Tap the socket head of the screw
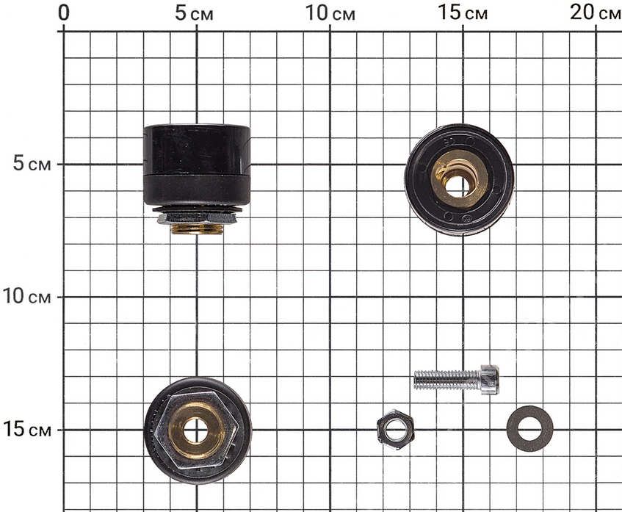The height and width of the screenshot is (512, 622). click(490, 380)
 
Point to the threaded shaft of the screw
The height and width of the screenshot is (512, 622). click(447, 380)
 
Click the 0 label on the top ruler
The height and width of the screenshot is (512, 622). click(63, 13)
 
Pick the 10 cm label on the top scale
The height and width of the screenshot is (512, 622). click(330, 13)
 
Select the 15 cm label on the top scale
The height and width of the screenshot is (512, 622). click(463, 13)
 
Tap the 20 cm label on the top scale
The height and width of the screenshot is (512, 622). click(596, 13)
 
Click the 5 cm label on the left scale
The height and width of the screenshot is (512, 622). click(32, 163)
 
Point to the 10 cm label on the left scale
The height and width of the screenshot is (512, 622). click(27, 296)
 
